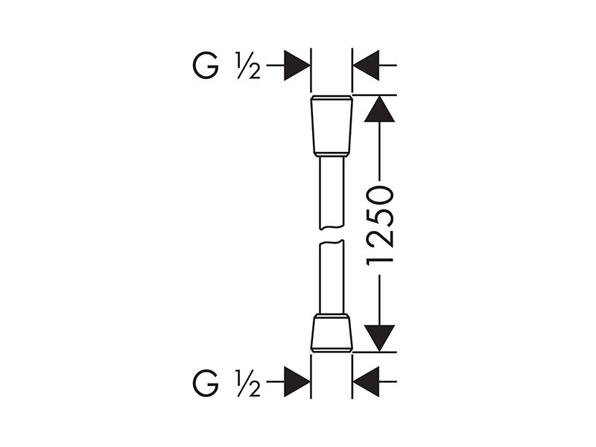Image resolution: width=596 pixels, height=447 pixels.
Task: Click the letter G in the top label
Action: coord(206,66)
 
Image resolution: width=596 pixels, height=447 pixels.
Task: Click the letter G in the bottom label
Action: coord(206,382)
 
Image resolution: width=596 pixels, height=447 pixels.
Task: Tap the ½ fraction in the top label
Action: coord(248,66)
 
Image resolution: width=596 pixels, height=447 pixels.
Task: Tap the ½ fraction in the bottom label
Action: coord(248,383)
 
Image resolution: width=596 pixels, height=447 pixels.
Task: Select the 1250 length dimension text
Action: coord(379,226)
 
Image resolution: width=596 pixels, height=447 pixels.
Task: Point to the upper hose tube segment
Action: coord(332,193)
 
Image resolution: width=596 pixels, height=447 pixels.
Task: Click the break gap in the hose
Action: coord(332,235)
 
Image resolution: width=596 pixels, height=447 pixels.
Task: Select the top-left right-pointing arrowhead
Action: coord(297,66)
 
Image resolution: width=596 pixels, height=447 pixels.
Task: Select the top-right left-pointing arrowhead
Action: coord(366,66)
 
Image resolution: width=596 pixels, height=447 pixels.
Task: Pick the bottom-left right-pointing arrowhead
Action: coord(297,382)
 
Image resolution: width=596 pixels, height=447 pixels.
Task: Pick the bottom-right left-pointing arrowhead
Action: coord(366,382)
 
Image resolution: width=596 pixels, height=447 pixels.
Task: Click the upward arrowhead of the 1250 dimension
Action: coord(379,109)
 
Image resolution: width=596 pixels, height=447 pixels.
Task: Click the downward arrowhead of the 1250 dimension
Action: coord(379,338)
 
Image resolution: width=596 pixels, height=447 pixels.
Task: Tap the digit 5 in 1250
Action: coord(379,215)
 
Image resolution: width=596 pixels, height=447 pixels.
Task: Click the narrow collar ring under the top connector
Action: coord(332,154)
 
